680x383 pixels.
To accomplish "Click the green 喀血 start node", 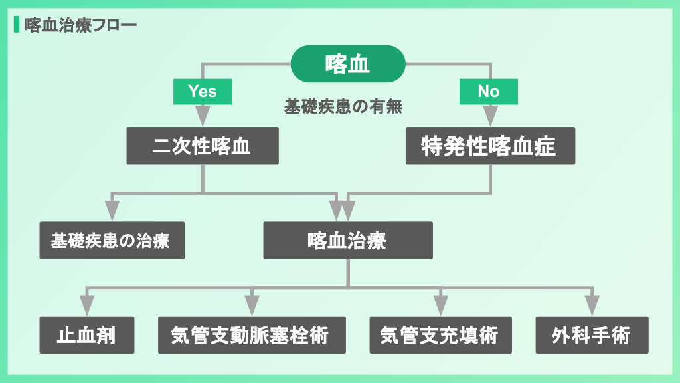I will pos(348,64).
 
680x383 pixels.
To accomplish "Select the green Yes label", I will pos(203,91).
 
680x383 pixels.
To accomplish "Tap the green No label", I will pos(489,91).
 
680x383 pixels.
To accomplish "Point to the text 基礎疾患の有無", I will pos(344,106).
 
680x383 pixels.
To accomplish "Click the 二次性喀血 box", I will pos(203,146).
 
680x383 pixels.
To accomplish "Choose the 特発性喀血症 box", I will pos(490,146).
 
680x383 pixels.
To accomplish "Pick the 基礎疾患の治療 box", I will pos(111,240).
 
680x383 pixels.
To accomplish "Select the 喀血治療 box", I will pos(348,240).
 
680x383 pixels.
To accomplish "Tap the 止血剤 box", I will pos(87,334).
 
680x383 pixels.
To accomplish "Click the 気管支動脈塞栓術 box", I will pos(252,334).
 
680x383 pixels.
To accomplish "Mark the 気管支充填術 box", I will pos(440,334).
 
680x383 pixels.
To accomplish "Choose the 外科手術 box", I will pos(592,334).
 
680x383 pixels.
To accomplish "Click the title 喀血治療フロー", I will pos(80,25).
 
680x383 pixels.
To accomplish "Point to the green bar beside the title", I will pos(16,25).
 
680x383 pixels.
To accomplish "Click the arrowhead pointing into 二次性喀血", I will pos(203,116).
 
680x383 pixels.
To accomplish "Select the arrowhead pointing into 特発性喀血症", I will pos(490,116).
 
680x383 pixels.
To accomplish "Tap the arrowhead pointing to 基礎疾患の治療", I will pos(112,210).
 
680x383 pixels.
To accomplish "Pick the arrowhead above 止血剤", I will pos(87,305).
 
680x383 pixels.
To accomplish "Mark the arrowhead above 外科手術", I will pos(592,305).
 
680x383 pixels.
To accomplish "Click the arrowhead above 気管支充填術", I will pos(440,305).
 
